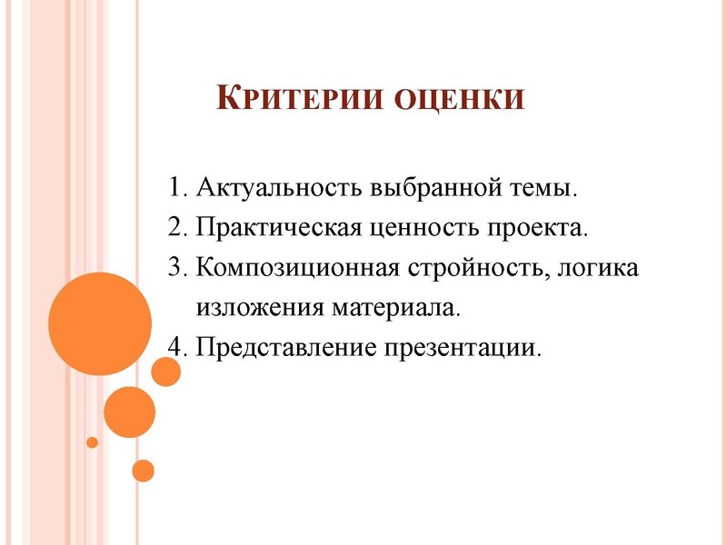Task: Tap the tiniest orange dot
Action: click(x=92, y=442)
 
